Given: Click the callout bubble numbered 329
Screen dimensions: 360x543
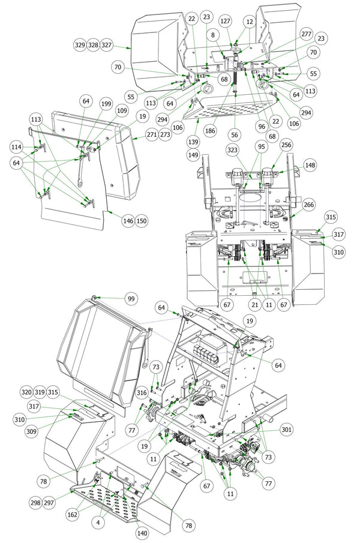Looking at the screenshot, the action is (80, 45).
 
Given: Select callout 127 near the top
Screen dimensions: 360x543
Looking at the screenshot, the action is (225, 21).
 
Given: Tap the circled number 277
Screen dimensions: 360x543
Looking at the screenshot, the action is (307, 34).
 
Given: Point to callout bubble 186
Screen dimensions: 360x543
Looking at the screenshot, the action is (210, 131).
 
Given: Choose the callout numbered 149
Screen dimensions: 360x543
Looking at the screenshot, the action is (193, 155).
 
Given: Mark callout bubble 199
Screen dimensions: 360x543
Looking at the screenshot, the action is (106, 104).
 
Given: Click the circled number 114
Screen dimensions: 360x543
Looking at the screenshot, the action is (16, 147).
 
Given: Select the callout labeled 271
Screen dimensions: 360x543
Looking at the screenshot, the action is (152, 134).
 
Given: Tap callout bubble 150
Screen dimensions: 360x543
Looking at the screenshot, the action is (142, 221).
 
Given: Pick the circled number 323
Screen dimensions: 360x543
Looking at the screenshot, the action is (232, 150).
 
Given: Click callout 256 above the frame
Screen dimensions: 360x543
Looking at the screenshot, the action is (286, 145).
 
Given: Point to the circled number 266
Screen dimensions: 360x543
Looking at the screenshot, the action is (308, 205).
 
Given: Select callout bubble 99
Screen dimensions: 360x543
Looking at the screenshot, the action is (131, 299).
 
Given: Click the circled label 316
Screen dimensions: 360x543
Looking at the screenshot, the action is (142, 392).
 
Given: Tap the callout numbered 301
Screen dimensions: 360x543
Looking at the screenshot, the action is (286, 430).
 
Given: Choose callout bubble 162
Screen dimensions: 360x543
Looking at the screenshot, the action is (73, 514).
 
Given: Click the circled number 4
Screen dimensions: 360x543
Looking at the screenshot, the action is (98, 522).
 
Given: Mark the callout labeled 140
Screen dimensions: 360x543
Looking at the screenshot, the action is (142, 533).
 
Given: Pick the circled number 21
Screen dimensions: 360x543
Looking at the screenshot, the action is (255, 305).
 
